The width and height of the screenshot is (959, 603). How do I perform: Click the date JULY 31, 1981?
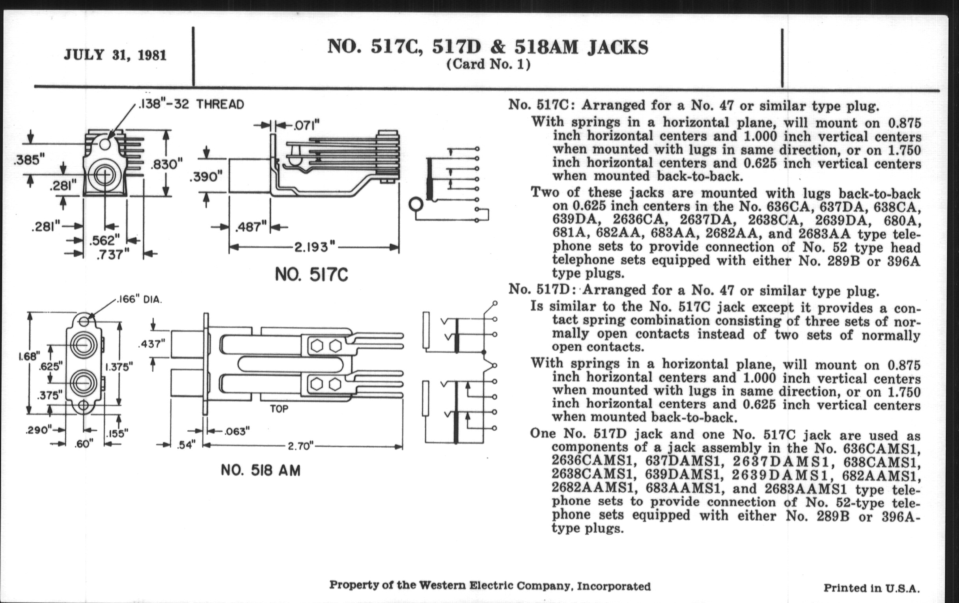tap(115, 55)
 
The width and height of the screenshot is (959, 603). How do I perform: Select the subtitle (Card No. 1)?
tap(488, 65)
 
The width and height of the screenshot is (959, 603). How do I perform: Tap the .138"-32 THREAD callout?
tap(191, 105)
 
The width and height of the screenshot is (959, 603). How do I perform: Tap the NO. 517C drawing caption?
tap(311, 275)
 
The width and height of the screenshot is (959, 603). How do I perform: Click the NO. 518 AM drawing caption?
tap(261, 471)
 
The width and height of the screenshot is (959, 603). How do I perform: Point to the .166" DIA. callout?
tap(139, 300)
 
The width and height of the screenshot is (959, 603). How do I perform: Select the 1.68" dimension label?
tap(29, 356)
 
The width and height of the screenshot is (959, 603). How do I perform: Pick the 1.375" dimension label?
tap(119, 367)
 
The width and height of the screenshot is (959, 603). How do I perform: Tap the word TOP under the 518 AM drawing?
tap(279, 409)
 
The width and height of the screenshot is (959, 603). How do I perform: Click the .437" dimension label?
tap(151, 344)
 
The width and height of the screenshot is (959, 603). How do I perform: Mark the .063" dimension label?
tap(237, 432)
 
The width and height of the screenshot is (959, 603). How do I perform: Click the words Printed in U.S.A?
tap(871, 588)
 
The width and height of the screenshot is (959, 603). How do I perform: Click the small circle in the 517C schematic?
tap(415, 205)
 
